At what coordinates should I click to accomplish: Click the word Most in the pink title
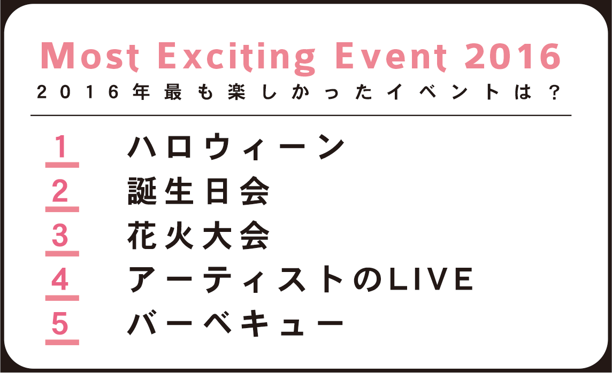click(90, 57)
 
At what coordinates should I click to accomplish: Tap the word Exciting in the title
click(236, 58)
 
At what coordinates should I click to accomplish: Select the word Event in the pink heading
click(391, 57)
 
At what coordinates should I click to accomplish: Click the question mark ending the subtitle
click(554, 93)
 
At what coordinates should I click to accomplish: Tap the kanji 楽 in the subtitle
click(236, 92)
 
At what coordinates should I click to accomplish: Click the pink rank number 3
click(60, 235)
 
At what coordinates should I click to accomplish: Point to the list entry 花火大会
click(198, 236)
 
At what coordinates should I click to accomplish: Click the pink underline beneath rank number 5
click(62, 342)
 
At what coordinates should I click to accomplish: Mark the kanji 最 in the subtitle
click(173, 92)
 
